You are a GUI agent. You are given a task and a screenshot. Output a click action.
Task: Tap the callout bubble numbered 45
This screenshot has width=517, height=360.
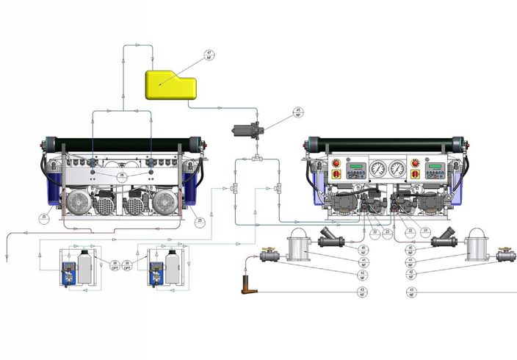click(x=298, y=112)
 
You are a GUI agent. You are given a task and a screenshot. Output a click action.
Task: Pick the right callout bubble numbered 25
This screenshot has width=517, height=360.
click(x=199, y=220)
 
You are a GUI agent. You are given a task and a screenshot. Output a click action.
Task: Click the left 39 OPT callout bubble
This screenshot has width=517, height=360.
click(x=115, y=265)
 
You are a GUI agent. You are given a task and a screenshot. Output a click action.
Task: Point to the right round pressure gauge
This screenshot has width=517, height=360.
click(x=397, y=170)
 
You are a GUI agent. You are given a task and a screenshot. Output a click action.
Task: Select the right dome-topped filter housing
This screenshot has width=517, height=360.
click(x=478, y=245)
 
